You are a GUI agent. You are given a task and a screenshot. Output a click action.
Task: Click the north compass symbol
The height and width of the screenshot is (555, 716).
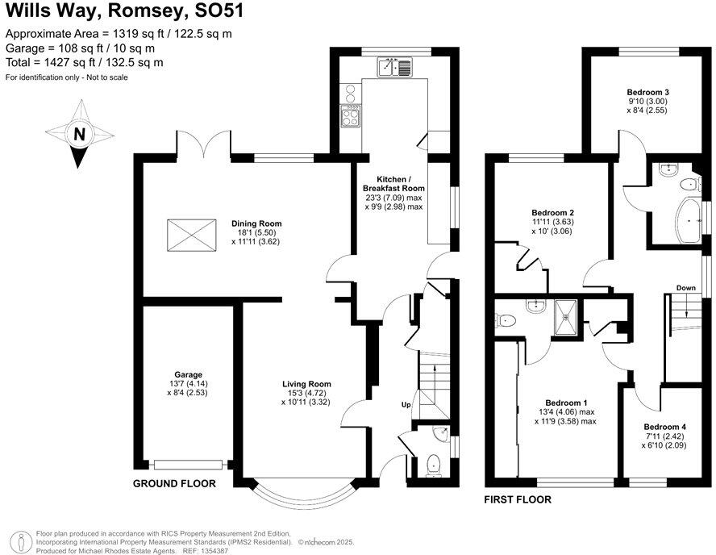(79, 134)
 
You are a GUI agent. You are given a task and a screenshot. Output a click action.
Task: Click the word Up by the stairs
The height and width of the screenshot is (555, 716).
(407, 404)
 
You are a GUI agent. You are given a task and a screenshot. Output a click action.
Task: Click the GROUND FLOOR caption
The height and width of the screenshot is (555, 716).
(175, 484)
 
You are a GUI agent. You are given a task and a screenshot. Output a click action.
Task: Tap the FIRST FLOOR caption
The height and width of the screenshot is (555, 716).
(518, 500)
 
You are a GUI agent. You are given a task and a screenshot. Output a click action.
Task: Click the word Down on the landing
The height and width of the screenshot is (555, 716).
(686, 288)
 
